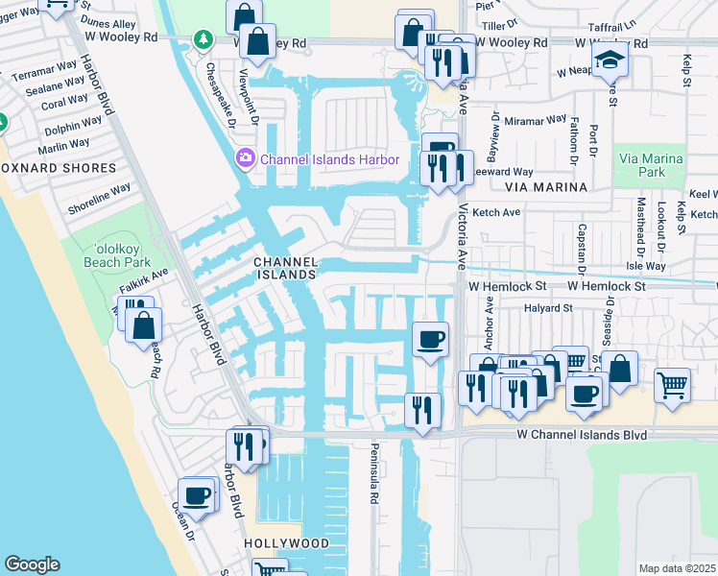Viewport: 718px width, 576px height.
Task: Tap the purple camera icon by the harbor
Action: [245, 157]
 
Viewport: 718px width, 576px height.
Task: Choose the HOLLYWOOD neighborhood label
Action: [286, 543]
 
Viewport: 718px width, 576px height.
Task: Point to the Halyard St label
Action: [547, 308]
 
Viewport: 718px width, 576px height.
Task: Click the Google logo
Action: [32, 564]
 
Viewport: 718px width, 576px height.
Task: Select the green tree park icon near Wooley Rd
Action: [203, 39]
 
